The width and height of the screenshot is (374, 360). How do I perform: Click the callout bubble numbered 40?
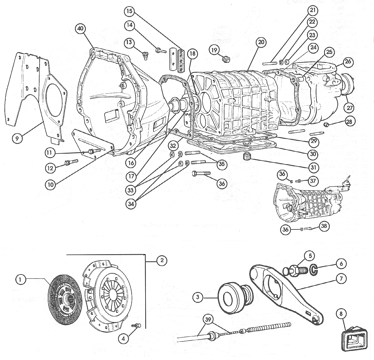[80, 29]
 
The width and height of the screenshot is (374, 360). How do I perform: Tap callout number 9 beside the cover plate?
[17, 139]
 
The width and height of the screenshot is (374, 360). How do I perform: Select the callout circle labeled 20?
[260, 42]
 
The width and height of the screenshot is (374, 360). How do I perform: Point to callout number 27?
[350, 108]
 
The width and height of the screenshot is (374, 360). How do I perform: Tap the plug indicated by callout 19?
[226, 59]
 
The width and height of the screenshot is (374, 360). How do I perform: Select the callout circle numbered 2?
[162, 260]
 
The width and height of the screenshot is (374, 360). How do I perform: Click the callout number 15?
[129, 11]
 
